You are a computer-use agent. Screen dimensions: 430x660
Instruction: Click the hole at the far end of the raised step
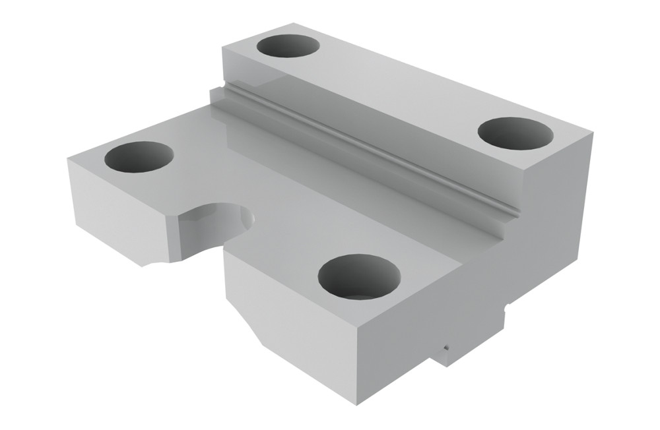tap(288, 47)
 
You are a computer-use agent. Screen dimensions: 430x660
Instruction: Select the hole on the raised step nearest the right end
tap(515, 133)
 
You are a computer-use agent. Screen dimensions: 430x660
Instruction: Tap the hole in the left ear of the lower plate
tap(139, 157)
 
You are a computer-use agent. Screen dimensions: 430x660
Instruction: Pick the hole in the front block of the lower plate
tap(359, 276)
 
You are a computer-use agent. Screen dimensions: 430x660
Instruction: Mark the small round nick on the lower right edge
tap(504, 306)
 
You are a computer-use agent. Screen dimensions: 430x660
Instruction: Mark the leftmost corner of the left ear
tap(67, 158)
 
